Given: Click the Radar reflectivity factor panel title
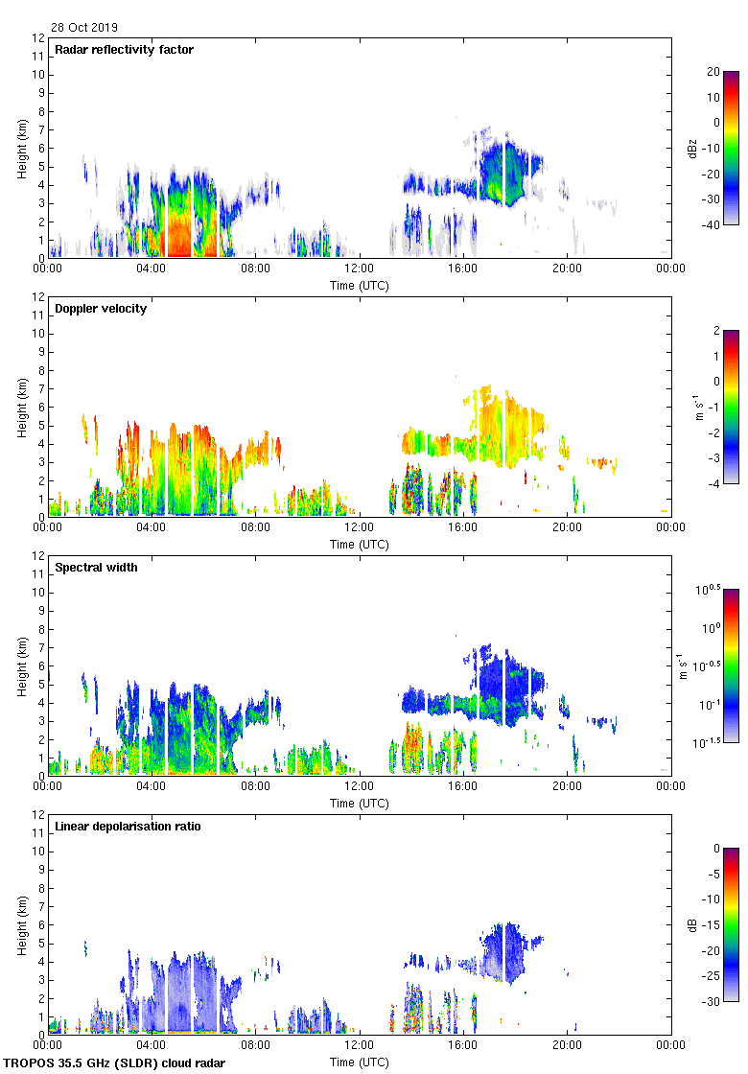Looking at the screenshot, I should tap(125, 50).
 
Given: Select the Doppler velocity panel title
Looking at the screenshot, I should tap(101, 309).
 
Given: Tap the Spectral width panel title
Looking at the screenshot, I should tap(96, 568).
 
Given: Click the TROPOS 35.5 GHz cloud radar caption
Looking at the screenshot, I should tap(116, 1063).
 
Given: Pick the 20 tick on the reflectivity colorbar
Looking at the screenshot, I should tap(713, 72).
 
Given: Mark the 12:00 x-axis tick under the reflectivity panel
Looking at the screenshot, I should tap(360, 268).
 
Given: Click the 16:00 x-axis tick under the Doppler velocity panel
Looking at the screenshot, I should tap(463, 527).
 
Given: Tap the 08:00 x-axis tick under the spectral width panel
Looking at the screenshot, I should tap(256, 786).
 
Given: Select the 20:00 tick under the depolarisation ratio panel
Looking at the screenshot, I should tap(567, 1045).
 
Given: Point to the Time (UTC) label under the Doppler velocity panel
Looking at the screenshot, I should tap(360, 544).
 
